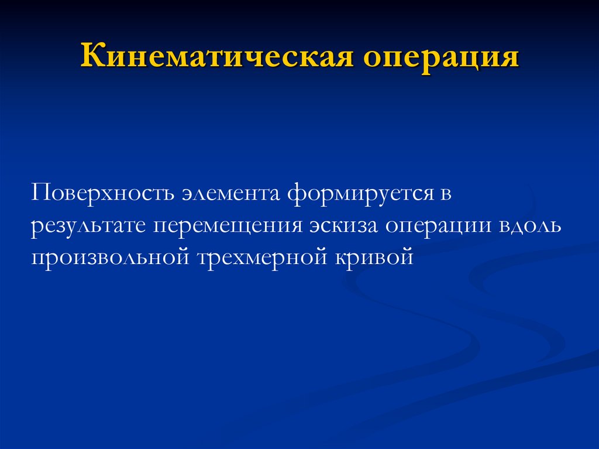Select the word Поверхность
click(102, 193)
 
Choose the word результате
click(88, 225)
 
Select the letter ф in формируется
click(295, 194)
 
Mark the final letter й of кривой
click(407, 256)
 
